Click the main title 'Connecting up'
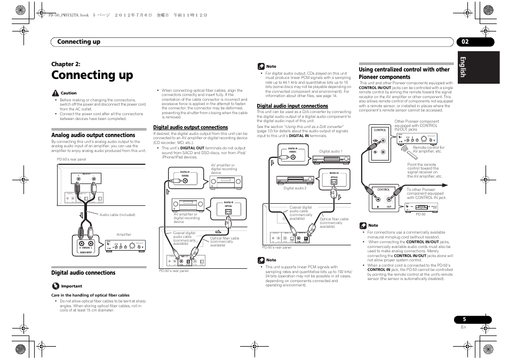pos(92,75)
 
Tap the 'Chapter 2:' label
pos(66,64)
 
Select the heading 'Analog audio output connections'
pos(93,135)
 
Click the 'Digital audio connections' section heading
pos(83,273)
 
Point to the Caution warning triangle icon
pos(54,93)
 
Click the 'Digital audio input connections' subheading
pos(292,106)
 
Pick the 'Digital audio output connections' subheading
pos(190,127)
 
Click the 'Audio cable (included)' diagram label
pos(117,215)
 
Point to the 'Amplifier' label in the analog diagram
pos(124,235)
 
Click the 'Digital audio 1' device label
pos(331,152)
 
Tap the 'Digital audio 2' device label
pos(295,188)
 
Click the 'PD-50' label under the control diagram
pos(420,214)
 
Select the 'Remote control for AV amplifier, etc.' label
pos(428,149)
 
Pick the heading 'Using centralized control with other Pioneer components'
pos(404,73)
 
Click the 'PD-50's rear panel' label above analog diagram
pos(71,159)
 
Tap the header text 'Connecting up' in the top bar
pos(79,42)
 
